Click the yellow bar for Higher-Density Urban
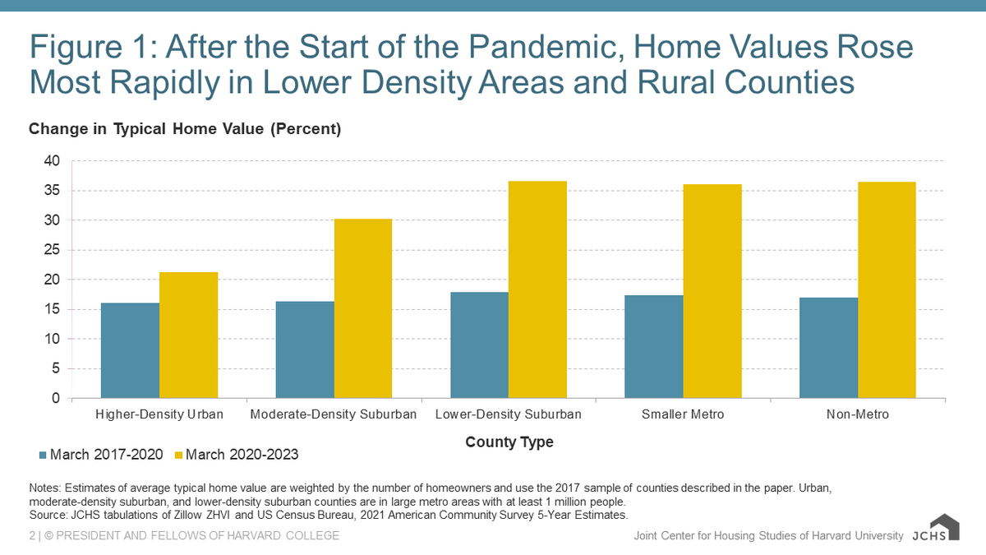coord(188,335)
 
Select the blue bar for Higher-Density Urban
coord(130,350)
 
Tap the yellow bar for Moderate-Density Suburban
coord(362,308)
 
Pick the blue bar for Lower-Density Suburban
coord(479,345)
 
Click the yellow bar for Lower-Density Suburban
coord(537,289)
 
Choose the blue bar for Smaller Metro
coord(653,347)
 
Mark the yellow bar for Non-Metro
coord(887,289)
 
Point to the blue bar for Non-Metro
coord(828,348)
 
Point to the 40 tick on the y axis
coord(51,161)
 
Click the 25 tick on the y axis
coord(51,250)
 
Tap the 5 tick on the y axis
coord(55,368)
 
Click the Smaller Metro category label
coord(683,414)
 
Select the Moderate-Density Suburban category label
coord(334,414)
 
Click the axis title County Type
coord(509,442)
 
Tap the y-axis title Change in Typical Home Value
coord(184,129)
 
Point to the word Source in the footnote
coord(47,516)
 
